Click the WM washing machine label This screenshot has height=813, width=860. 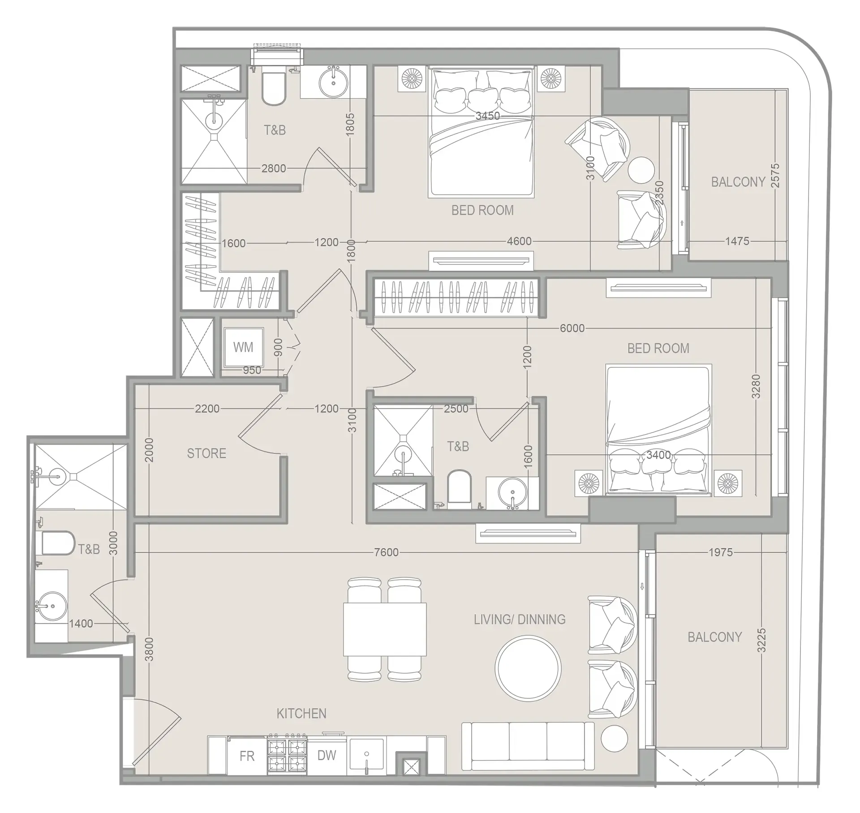[243, 347]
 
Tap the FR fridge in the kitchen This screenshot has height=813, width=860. [247, 757]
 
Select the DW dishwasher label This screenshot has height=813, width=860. [327, 756]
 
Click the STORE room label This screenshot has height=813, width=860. [206, 453]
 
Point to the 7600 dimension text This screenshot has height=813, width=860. [386, 552]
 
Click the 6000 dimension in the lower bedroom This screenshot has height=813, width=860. [572, 328]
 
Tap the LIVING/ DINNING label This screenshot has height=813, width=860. [520, 619]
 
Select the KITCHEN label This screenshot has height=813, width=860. [301, 714]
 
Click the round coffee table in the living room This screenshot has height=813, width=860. [528, 668]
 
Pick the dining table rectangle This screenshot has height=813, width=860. [385, 629]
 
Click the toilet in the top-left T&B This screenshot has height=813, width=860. [274, 89]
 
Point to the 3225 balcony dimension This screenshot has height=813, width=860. [762, 640]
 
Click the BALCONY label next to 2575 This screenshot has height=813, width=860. [738, 182]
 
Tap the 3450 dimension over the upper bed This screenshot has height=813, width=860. [487, 116]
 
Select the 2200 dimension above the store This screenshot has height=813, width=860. [207, 409]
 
